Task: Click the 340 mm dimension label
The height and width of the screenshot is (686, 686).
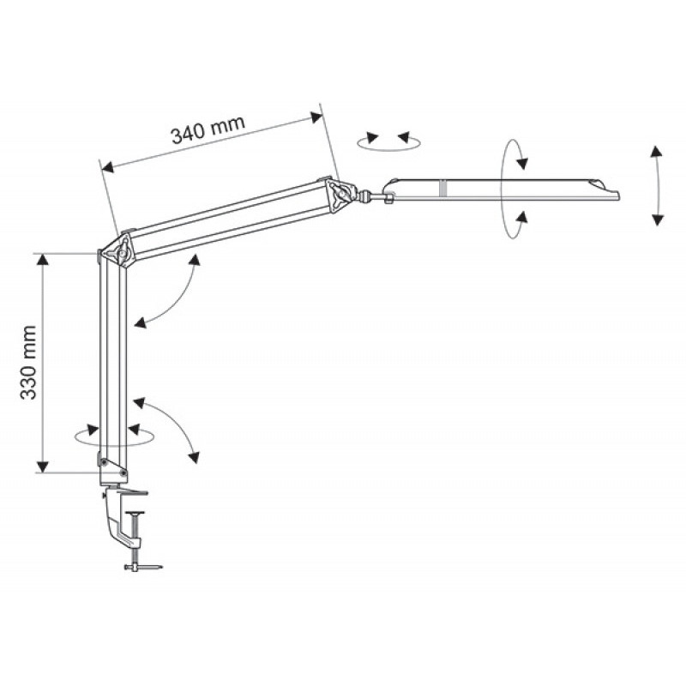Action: point(208,129)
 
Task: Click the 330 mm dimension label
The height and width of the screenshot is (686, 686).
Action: point(29,362)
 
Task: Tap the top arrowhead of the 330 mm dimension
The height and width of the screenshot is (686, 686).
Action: point(42,261)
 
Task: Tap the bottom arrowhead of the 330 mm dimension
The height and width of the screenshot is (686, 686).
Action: point(42,466)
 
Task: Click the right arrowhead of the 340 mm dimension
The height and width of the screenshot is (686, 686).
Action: point(316,117)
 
